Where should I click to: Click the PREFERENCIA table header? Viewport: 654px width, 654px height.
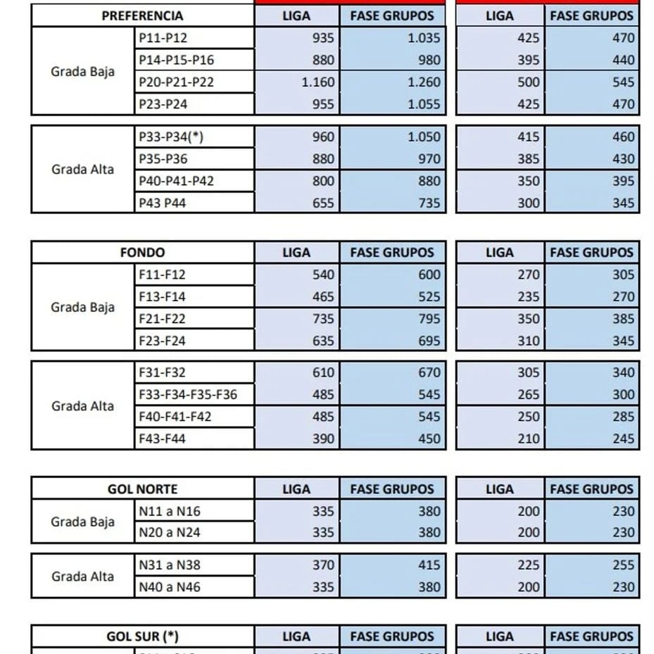142,15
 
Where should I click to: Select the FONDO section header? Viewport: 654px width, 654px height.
142,252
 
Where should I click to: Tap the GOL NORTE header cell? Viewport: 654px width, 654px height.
142,489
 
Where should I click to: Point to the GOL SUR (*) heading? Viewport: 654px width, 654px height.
142,636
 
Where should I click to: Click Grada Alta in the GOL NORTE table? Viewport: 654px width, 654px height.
82,576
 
